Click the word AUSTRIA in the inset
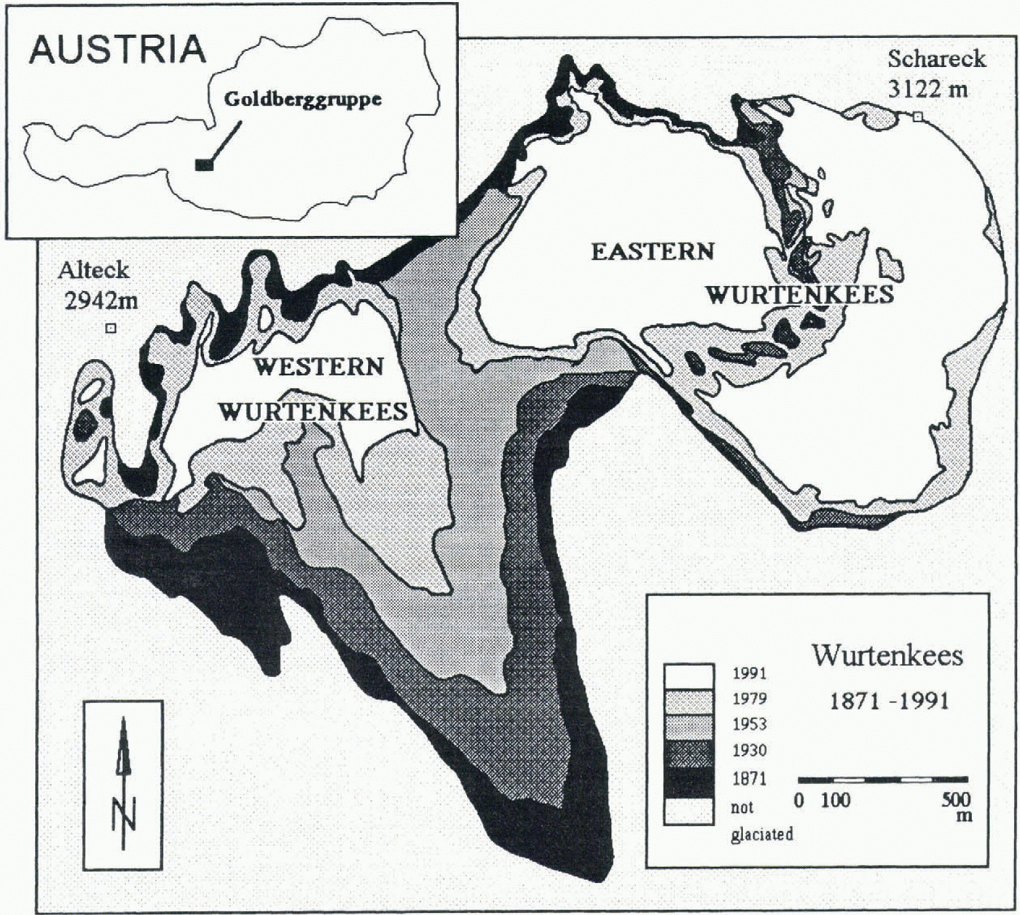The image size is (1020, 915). tap(117, 49)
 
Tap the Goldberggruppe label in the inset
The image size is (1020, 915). tap(302, 99)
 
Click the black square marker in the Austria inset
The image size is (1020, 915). tap(204, 165)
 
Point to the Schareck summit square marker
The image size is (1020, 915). tap(918, 116)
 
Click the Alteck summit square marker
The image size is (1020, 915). tap(111, 328)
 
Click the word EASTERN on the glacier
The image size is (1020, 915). tap(652, 251)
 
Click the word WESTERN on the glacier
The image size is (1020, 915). tap(318, 365)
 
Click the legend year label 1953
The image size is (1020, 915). tap(749, 724)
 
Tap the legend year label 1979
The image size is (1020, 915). tap(749, 699)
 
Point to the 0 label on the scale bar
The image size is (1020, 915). tap(799, 801)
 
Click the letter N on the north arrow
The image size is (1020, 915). tap(123, 812)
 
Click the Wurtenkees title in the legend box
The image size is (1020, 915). tap(887, 656)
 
